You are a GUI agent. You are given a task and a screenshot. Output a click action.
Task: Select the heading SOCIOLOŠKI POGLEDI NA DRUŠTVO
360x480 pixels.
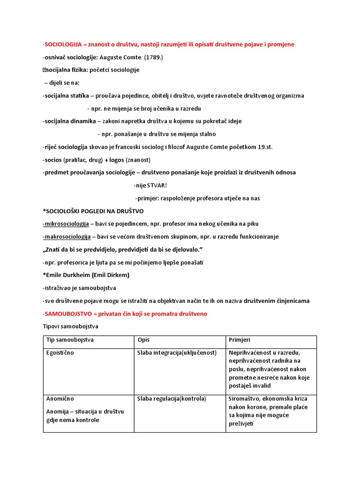click(x=94, y=211)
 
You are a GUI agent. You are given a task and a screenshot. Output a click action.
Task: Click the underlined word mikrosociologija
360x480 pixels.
click(x=66, y=224)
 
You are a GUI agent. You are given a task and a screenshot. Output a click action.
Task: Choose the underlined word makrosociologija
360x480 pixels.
click(x=67, y=237)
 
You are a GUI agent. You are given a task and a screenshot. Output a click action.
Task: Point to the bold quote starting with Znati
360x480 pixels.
click(x=124, y=249)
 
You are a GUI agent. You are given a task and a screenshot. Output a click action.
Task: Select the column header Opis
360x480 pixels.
click(x=143, y=339)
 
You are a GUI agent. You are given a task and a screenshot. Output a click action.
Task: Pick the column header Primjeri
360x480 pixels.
click(x=240, y=339)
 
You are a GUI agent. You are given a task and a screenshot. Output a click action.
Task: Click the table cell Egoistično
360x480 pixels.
click(x=60, y=353)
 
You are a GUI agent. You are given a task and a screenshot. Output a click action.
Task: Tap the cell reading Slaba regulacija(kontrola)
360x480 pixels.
click(x=172, y=399)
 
